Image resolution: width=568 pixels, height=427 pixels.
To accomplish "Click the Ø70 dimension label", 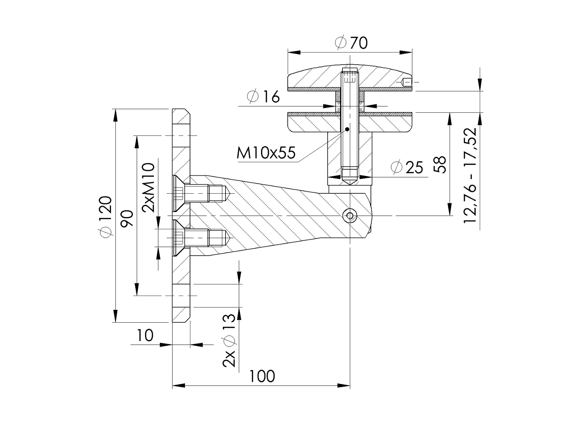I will point(351,43).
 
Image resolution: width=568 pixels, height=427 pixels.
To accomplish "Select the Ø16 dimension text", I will point(263,97).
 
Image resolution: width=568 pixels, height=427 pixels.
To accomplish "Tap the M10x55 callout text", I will point(266,153).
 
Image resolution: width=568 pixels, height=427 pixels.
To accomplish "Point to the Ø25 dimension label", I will point(407,167).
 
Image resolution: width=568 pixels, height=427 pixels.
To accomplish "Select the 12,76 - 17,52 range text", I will point(470,175).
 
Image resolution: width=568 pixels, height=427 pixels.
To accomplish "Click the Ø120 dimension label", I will point(105,217).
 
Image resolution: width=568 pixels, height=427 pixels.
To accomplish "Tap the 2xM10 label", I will point(148,187).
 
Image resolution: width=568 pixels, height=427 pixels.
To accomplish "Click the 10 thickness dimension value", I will point(145,336).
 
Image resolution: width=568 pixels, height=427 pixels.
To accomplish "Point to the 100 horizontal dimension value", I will point(262,376).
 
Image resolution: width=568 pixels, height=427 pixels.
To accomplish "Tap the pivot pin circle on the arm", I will point(350,215).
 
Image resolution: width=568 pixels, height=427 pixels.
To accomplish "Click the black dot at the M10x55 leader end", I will point(347,129).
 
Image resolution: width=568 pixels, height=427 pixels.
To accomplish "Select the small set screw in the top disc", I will point(407,82).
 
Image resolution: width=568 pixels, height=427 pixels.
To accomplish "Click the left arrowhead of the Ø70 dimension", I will point(294,52).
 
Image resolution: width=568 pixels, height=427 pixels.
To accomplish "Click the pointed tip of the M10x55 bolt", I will point(350,183).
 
